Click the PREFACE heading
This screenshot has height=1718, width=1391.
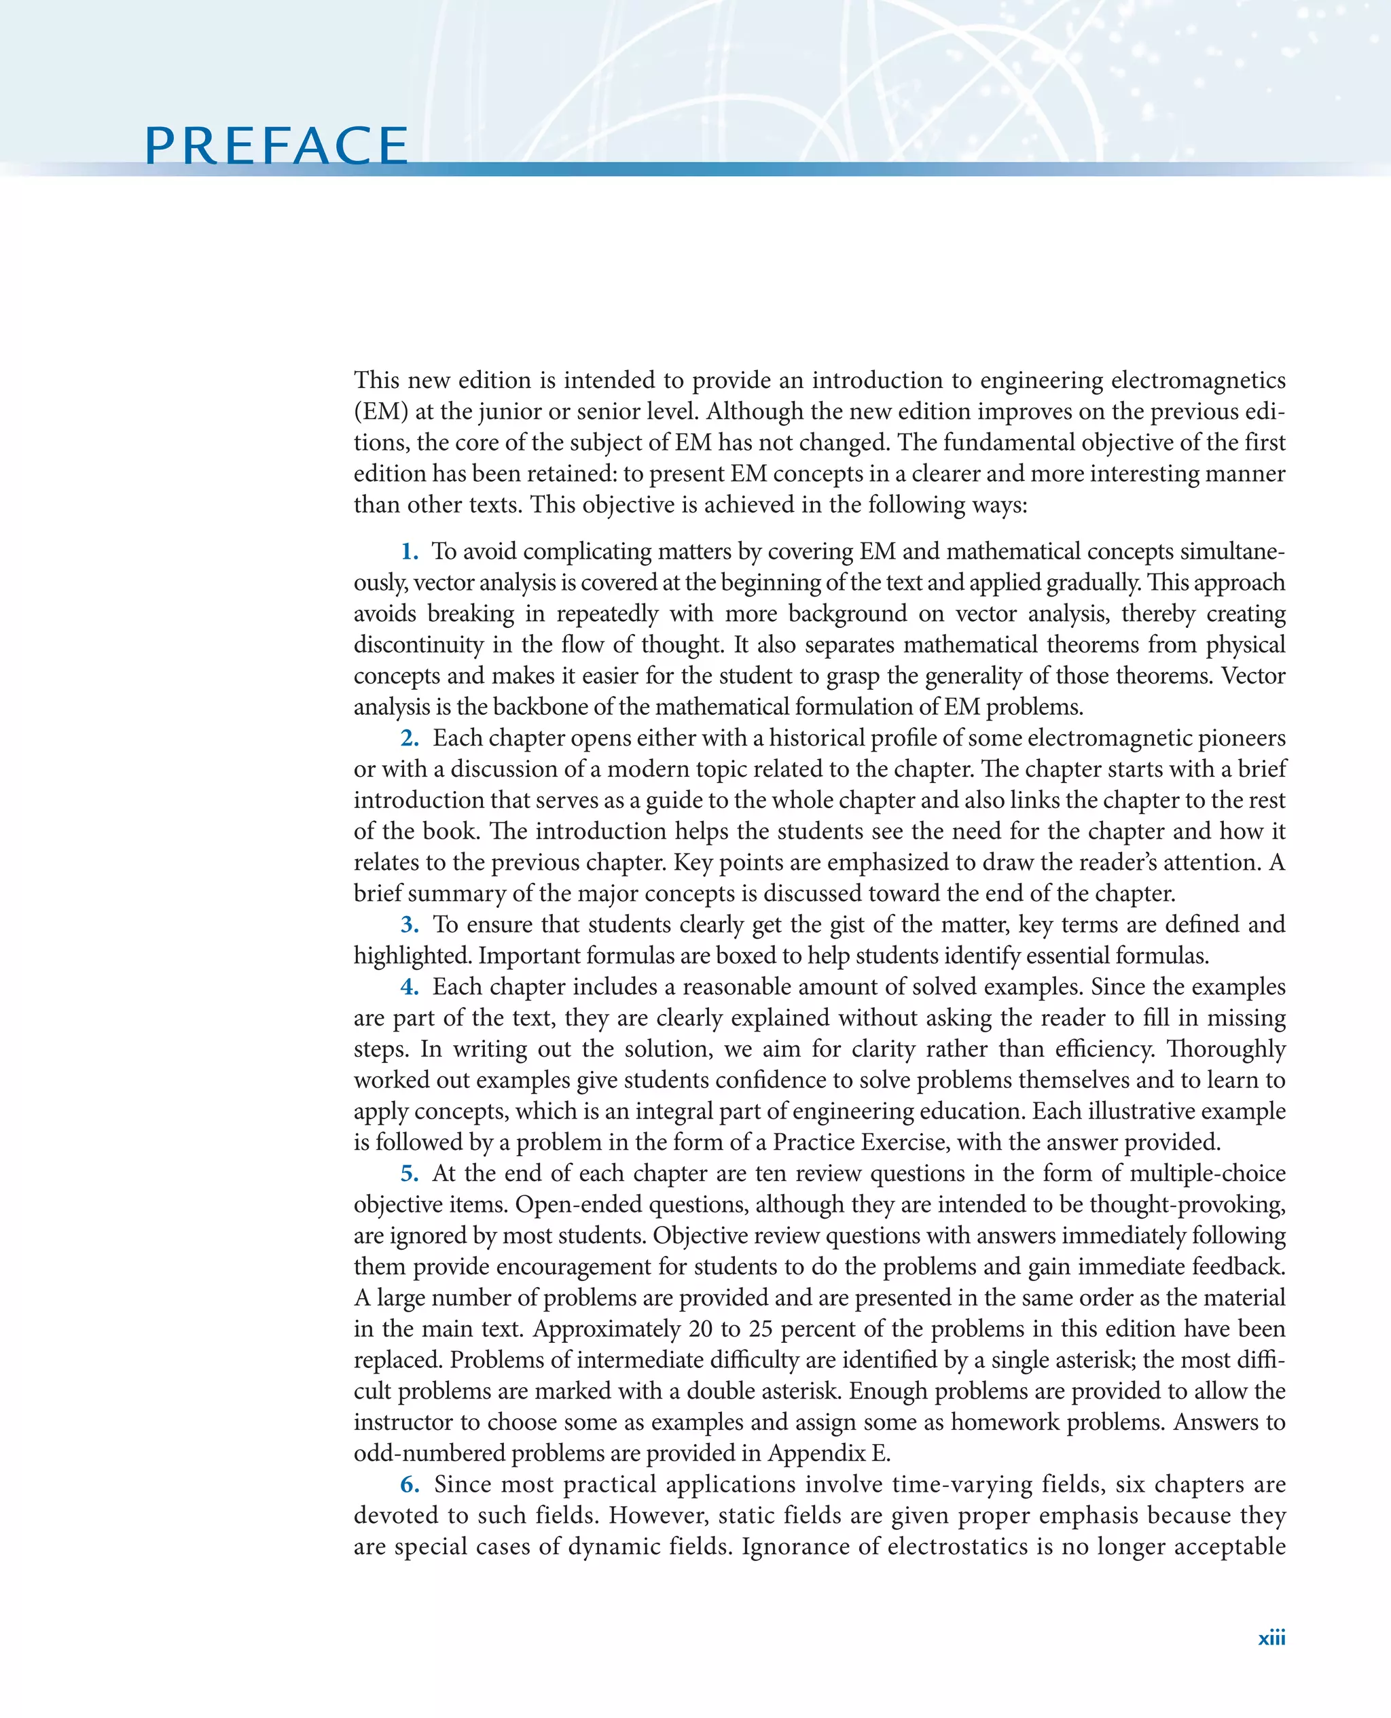(x=276, y=146)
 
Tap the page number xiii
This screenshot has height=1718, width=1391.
(x=1271, y=1638)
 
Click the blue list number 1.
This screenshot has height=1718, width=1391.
(x=410, y=552)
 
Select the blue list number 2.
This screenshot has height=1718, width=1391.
(x=410, y=738)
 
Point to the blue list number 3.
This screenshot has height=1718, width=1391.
(x=410, y=925)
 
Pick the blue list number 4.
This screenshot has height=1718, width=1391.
(x=410, y=987)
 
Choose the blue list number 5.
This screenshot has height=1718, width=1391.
(x=410, y=1174)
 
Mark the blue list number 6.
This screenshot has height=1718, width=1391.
(x=410, y=1485)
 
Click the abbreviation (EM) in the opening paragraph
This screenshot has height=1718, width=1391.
(x=380, y=412)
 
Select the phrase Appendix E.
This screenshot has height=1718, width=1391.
(x=829, y=1454)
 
